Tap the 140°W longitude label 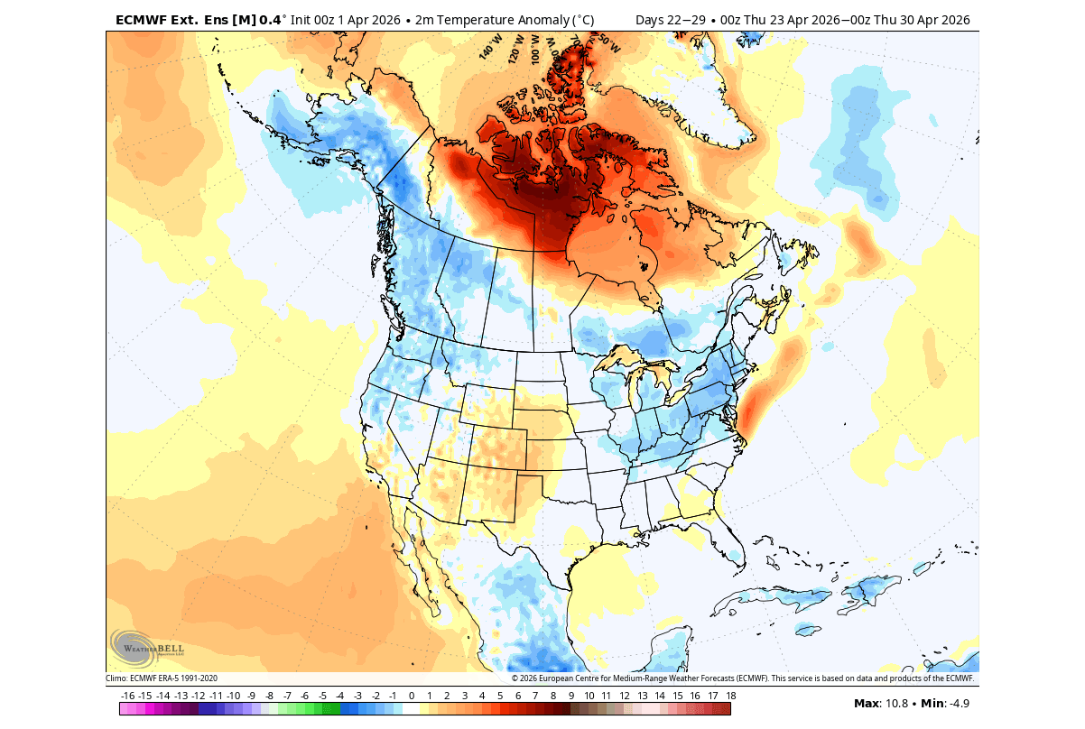pos(490,47)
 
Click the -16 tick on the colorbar pos(127,696)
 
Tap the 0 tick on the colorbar pos(412,696)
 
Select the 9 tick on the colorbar pos(570,696)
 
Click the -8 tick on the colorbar pos(269,696)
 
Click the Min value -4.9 pos(957,704)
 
